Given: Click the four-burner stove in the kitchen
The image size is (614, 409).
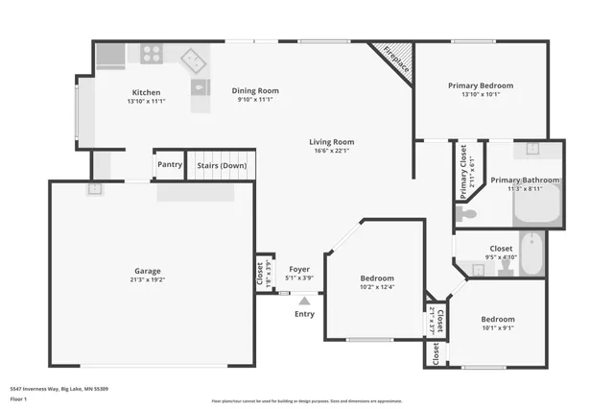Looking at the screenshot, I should pyautogui.click(x=152, y=55).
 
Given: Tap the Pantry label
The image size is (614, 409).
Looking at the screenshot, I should pyautogui.click(x=170, y=165).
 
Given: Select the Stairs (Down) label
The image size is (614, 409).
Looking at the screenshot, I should pyautogui.click(x=222, y=165).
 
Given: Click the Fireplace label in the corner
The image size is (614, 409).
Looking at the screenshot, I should pyautogui.click(x=396, y=59).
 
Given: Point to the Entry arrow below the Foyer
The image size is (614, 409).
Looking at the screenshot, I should pyautogui.click(x=304, y=301).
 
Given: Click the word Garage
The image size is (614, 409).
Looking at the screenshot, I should pyautogui.click(x=147, y=271).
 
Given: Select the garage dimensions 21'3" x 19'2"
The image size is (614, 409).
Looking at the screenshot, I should pyautogui.click(x=147, y=280).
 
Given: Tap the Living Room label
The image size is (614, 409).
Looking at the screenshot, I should pyautogui.click(x=331, y=141).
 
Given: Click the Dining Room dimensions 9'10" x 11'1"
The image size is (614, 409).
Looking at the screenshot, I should pyautogui.click(x=255, y=100).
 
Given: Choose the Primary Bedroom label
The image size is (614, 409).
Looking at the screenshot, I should pyautogui.click(x=481, y=85).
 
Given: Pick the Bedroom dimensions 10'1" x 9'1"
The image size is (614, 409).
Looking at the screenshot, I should pyautogui.click(x=497, y=328).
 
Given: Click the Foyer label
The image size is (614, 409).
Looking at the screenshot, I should pyautogui.click(x=298, y=270).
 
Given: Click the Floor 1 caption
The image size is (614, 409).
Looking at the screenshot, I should pyautogui.click(x=18, y=397).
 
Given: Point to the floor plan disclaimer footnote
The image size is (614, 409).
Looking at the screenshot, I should pyautogui.click(x=307, y=400).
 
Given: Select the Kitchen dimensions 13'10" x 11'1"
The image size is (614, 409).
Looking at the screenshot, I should pyautogui.click(x=147, y=101).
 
